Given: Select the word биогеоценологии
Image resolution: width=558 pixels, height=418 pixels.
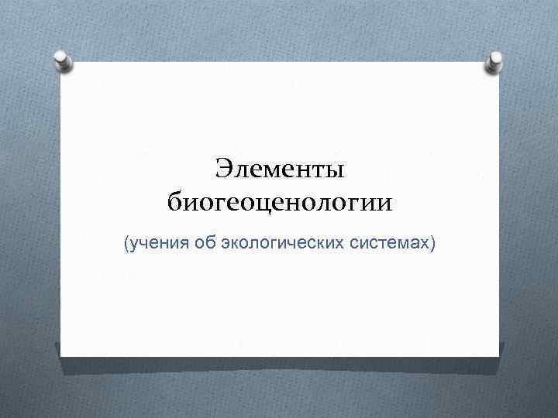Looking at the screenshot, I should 280,204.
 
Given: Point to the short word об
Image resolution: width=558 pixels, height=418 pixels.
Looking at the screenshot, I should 205,245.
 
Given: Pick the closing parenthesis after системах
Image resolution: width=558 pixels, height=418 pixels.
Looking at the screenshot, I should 434,245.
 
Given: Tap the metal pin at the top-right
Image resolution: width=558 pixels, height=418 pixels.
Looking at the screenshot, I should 493,64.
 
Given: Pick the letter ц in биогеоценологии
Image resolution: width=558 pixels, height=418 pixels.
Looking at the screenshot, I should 267,205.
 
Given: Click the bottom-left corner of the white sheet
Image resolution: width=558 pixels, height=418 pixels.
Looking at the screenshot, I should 61,356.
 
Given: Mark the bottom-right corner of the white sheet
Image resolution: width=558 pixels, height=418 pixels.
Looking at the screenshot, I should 498,356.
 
